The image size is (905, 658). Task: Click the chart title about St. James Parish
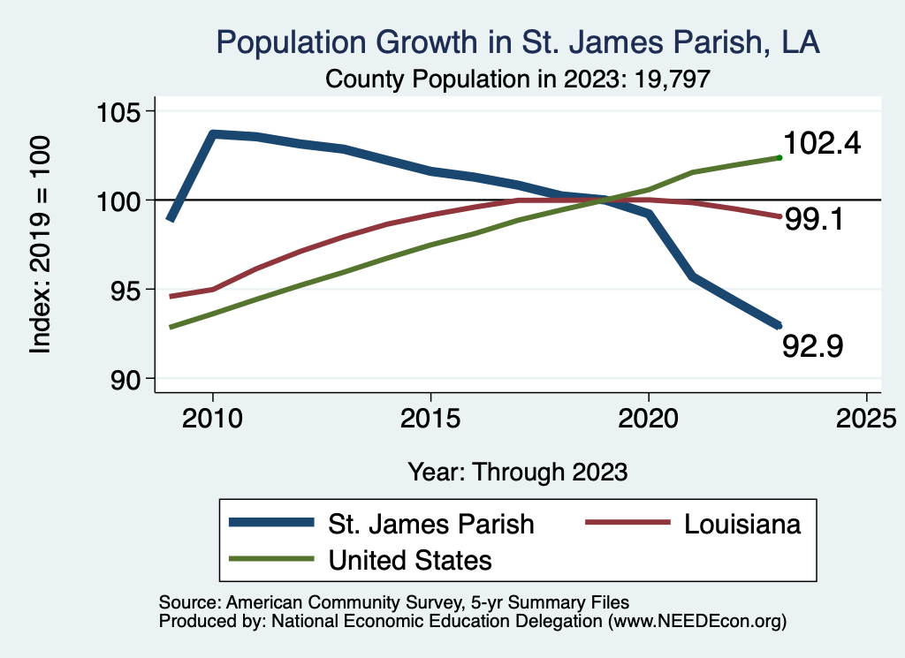click(x=518, y=43)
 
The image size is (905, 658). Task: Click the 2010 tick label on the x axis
click(x=212, y=419)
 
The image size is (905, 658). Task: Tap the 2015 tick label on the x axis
click(x=430, y=419)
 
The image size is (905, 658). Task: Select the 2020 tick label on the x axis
click(x=649, y=419)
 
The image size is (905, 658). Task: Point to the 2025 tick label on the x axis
click(x=866, y=419)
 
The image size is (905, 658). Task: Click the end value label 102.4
click(x=822, y=144)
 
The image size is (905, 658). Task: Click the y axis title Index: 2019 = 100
click(x=41, y=245)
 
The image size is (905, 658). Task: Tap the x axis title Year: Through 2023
click(x=518, y=472)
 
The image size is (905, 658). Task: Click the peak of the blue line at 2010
click(x=213, y=133)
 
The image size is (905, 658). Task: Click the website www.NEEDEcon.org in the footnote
click(x=695, y=622)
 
